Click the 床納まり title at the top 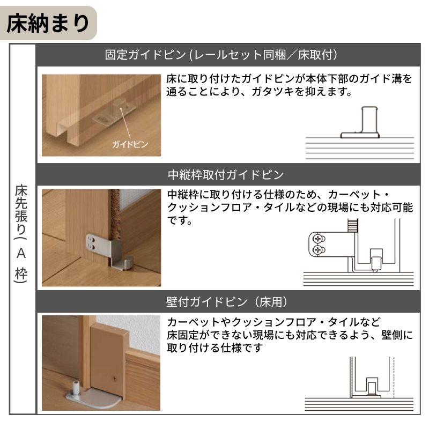click(x=48, y=24)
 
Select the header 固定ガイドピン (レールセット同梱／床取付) click(x=220, y=55)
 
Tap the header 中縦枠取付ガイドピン click(x=225, y=175)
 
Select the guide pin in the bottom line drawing click(x=371, y=386)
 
